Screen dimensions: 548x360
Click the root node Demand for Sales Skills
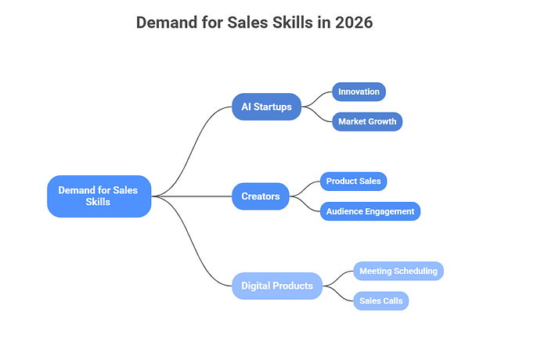[99, 196]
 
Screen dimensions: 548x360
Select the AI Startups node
[266, 106]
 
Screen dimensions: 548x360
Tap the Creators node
[261, 196]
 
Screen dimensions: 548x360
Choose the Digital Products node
[277, 286]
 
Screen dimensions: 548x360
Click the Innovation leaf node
[359, 92]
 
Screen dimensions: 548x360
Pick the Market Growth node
[367, 121]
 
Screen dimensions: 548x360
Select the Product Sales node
[353, 182]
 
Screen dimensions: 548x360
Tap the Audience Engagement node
[370, 211]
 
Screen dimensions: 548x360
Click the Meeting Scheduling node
[398, 271]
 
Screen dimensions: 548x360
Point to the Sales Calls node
[381, 301]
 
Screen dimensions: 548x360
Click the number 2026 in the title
[354, 23]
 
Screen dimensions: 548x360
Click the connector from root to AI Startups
[192, 150]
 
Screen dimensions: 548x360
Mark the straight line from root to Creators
[192, 196]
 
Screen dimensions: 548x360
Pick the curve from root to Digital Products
[192, 242]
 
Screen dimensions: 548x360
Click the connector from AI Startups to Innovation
[316, 99]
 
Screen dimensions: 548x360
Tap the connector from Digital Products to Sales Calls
[338, 294]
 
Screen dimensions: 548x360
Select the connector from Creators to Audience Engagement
[305, 204]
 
